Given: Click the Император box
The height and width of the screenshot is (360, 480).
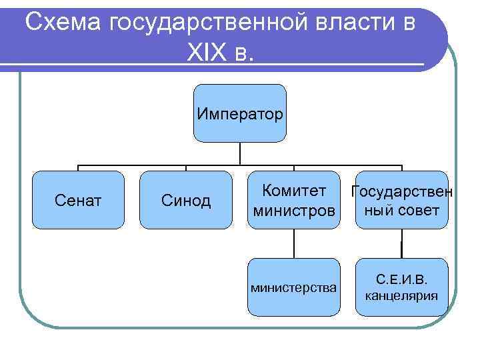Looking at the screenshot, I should [x=239, y=113].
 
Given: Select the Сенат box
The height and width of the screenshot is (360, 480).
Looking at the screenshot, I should [x=79, y=200].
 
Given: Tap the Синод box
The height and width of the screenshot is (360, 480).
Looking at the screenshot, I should [x=186, y=200].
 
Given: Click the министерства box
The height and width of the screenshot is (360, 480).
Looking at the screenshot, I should [x=293, y=287].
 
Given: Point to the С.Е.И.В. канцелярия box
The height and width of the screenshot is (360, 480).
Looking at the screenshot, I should [x=401, y=287].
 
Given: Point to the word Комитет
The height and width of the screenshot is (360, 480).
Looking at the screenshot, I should [x=294, y=191].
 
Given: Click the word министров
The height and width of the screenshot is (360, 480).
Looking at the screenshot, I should [x=293, y=211].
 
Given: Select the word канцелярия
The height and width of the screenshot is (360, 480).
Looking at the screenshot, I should [x=401, y=295].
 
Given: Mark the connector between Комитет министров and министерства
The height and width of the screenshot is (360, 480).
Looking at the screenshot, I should [x=293, y=243].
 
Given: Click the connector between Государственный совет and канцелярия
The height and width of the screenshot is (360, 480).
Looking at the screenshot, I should [x=401, y=243].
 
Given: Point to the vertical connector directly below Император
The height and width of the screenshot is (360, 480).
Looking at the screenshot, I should [x=239, y=153].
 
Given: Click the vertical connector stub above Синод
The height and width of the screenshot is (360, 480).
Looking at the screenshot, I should [x=186, y=167].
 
